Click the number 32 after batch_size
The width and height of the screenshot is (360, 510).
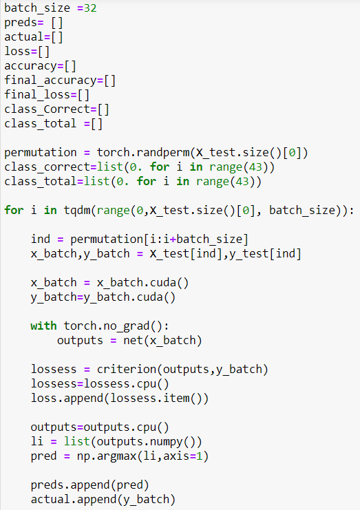click(90, 8)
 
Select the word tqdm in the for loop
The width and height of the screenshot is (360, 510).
click(77, 210)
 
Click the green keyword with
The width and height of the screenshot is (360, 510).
click(43, 326)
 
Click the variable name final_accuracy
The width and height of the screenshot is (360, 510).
click(50, 81)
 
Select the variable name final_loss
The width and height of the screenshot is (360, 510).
click(37, 95)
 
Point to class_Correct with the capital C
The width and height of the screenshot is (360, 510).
click(47, 109)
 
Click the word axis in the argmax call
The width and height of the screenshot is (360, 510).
click(176, 456)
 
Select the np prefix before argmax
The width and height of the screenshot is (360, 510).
click(83, 457)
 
